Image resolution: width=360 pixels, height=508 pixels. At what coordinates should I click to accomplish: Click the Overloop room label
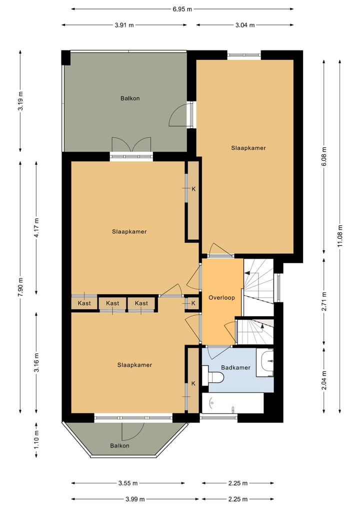[221, 298]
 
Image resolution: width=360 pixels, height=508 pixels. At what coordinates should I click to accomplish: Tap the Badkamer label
[236, 368]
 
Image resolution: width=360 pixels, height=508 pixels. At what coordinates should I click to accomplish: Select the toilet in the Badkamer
[213, 377]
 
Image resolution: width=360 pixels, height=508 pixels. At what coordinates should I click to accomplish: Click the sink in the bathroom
[265, 363]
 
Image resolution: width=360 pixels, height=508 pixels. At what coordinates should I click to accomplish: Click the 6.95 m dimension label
[182, 9]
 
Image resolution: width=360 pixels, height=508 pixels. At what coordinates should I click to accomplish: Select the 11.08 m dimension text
[340, 236]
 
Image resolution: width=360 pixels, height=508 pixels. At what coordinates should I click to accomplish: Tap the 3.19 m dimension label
[20, 101]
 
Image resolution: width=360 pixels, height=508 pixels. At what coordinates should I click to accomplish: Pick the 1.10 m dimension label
[36, 440]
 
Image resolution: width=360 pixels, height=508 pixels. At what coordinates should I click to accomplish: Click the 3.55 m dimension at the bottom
[128, 484]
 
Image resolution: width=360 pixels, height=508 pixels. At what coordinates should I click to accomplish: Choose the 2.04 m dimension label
[324, 380]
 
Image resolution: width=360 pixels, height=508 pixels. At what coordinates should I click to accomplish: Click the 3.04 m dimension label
[245, 25]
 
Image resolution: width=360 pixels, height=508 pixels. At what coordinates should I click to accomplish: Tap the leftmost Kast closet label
[84, 304]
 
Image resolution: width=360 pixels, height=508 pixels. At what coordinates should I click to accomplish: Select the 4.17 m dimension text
[36, 228]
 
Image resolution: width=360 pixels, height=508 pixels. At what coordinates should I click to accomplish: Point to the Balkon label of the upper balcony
[130, 98]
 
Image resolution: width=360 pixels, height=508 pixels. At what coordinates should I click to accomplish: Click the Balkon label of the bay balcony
[119, 446]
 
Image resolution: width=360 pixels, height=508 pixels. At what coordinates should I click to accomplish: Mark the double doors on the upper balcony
[131, 144]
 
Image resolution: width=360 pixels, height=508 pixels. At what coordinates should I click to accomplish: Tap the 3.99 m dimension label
[135, 499]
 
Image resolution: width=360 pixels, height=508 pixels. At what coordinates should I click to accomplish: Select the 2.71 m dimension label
[324, 302]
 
